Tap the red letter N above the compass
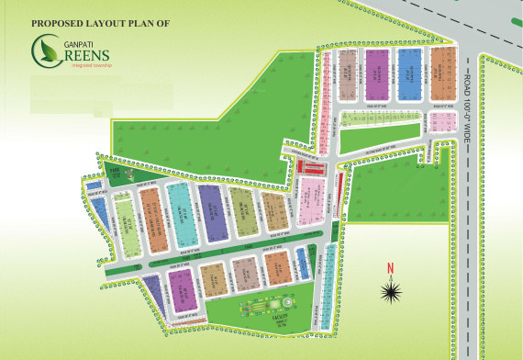click(x=390, y=268)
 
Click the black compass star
click(x=392, y=291)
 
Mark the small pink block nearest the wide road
click(x=439, y=122)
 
